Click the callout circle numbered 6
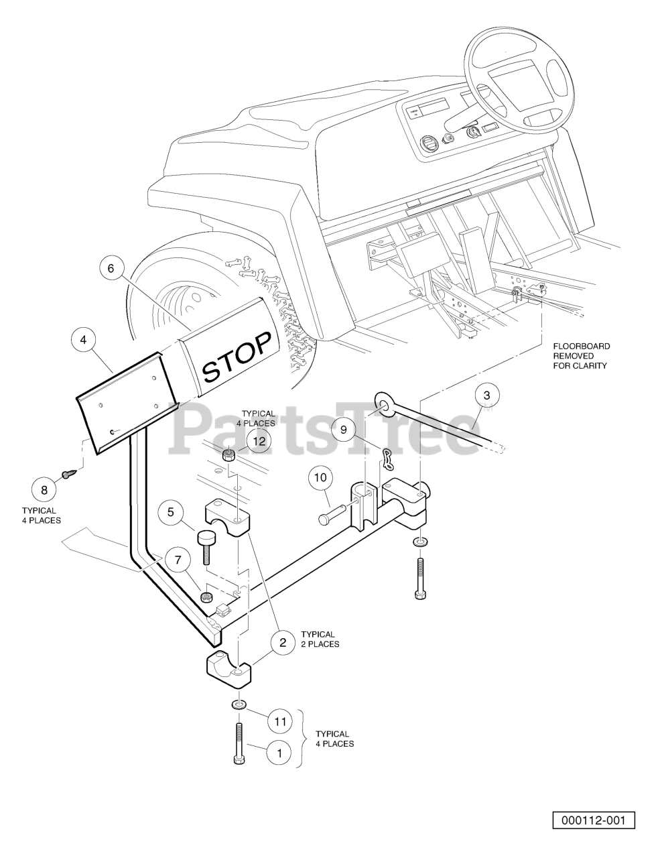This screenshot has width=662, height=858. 111,268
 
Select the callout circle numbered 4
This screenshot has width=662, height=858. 83,340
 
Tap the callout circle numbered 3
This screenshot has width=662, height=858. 487,395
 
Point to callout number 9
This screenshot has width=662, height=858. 343,429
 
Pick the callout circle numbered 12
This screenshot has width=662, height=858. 259,440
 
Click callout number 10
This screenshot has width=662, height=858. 321,478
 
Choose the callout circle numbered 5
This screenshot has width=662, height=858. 170,512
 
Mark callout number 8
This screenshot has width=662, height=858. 44,490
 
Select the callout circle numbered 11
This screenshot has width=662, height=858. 280,722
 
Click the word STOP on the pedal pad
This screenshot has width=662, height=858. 237,357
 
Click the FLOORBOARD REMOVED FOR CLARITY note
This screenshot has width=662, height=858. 581,356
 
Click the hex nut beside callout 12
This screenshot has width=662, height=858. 228,454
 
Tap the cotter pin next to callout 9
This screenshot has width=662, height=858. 388,459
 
